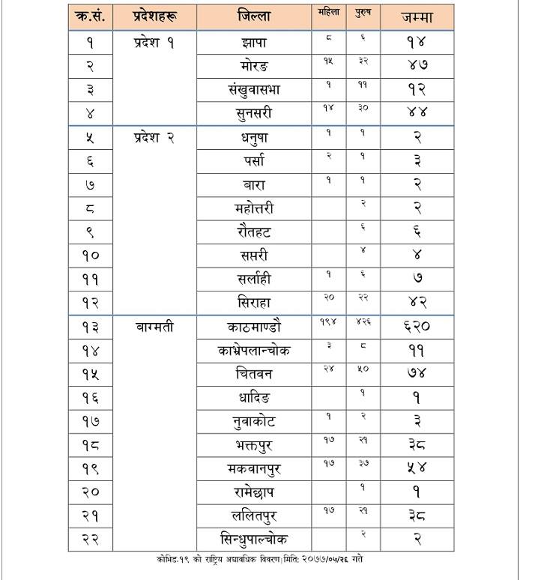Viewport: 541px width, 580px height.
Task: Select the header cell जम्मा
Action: coord(416,16)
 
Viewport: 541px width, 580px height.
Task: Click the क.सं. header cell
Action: coord(90,16)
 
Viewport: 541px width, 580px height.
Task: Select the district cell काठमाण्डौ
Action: coord(253,327)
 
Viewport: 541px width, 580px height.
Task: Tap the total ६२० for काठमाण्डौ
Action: coord(416,327)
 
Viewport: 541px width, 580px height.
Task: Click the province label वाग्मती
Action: coord(155,327)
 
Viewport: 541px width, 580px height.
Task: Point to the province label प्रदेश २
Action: coord(154,137)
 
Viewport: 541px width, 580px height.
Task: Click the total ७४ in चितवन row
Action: coord(416,374)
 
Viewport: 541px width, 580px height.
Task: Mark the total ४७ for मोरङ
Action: coord(416,67)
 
